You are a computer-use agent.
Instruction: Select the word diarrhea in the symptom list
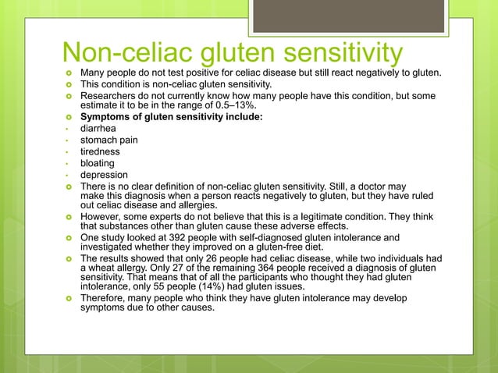point(100,129)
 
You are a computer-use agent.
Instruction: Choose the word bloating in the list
point(98,164)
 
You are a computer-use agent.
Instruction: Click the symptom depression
point(105,176)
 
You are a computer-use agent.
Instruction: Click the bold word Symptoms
point(107,118)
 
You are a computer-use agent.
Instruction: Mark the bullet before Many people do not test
point(69,74)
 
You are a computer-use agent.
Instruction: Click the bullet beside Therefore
point(69,299)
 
